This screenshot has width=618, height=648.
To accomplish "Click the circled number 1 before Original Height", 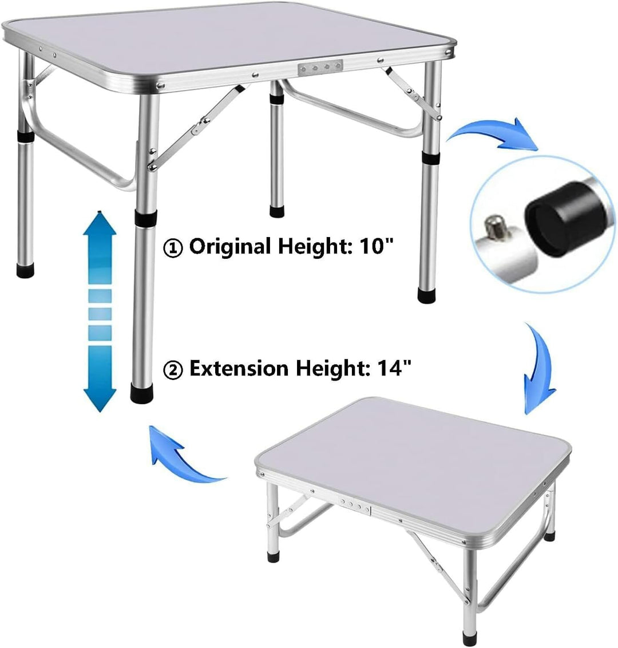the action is tap(173, 248).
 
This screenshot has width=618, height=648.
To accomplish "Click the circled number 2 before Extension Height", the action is tap(173, 370).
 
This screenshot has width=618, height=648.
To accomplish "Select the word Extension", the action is tap(239, 368).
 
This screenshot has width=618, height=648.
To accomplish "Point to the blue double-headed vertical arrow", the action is tap(100, 311).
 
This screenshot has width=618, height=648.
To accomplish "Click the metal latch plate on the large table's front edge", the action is tap(320, 68).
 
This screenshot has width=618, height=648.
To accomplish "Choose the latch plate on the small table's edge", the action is tap(355, 506).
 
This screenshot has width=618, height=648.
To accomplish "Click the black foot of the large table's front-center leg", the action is tap(142, 393).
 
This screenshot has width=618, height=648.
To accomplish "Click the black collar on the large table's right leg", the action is tap(431, 157).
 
